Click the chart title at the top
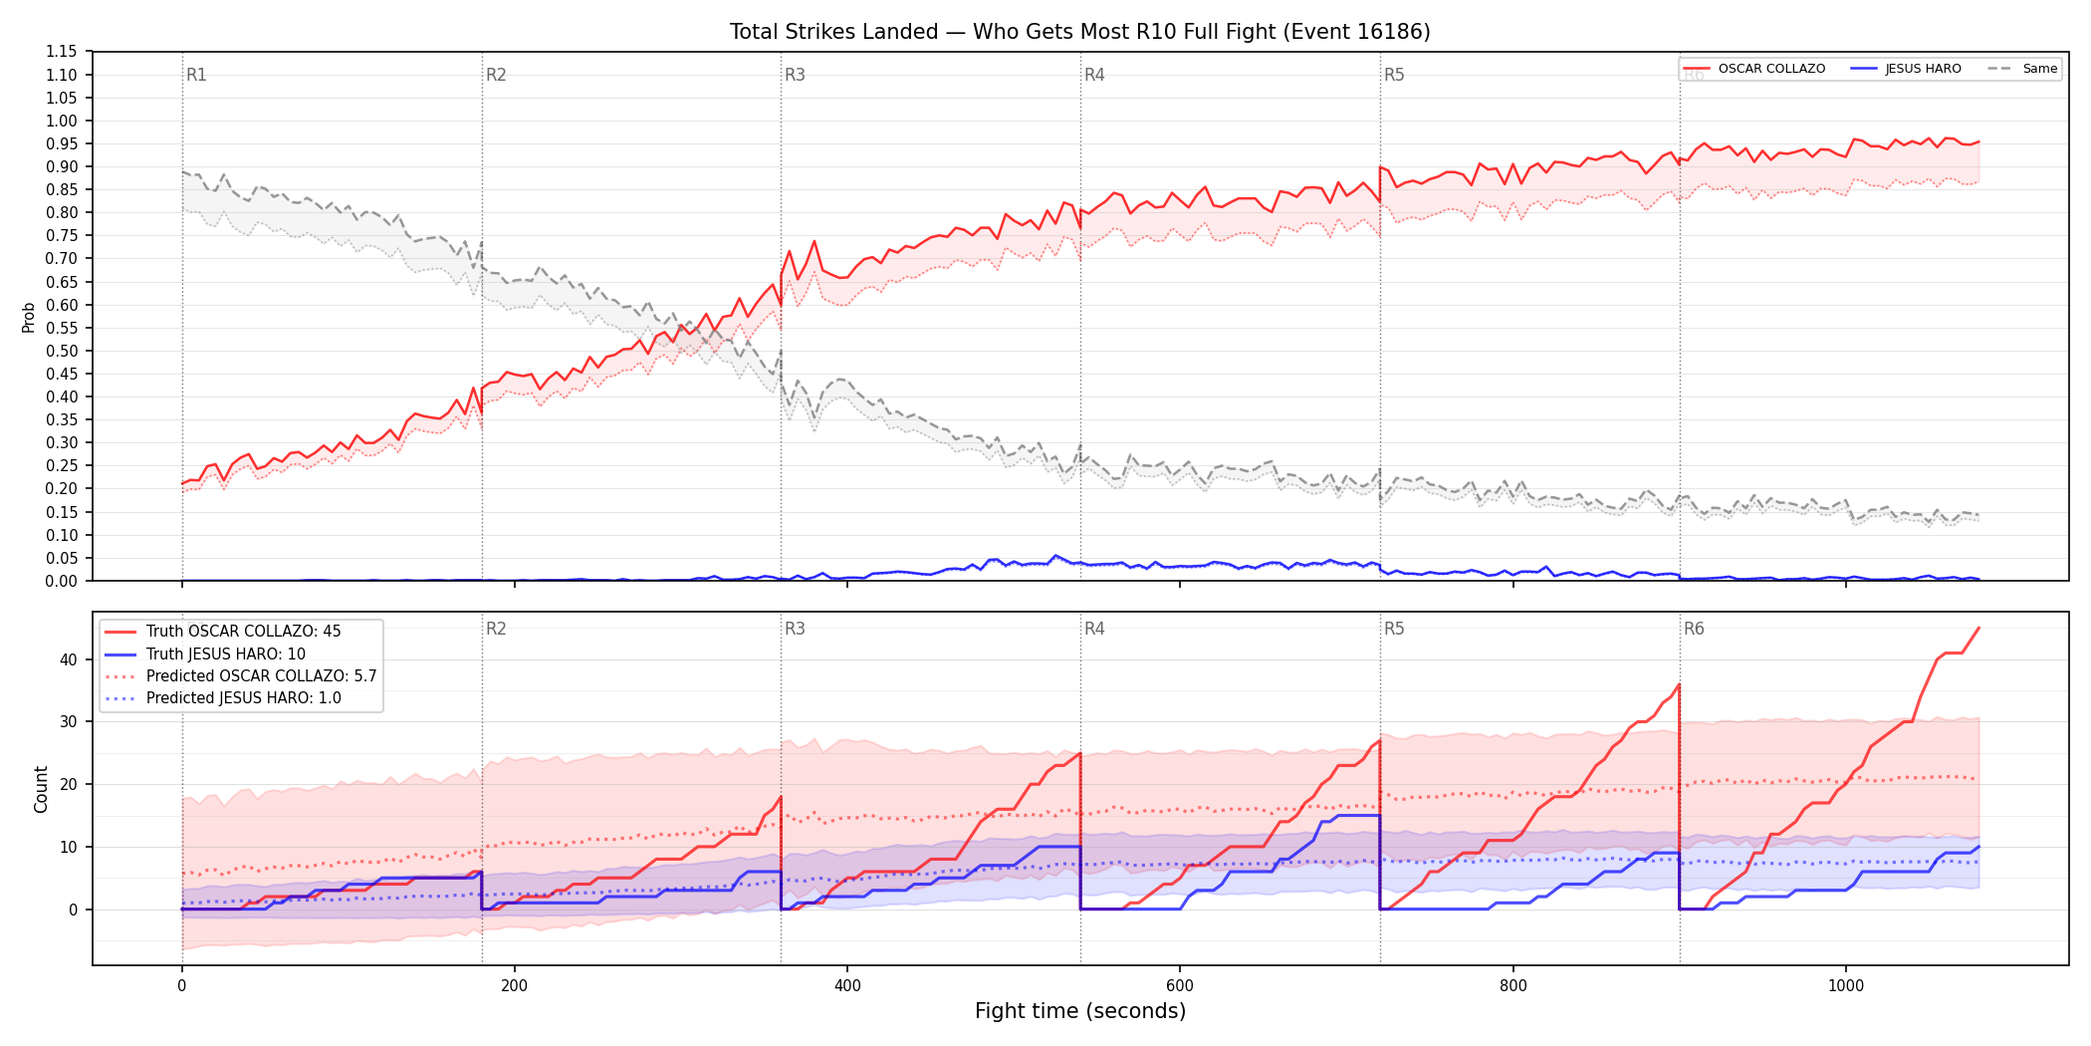pyautogui.click(x=1079, y=32)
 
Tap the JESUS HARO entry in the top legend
pyautogui.click(x=1906, y=69)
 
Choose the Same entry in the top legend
pyautogui.click(x=2022, y=69)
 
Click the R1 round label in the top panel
pyautogui.click(x=196, y=75)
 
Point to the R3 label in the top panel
pyautogui.click(x=795, y=75)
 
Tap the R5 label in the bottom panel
pyautogui.click(x=1394, y=629)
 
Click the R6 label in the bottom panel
pyautogui.click(x=1694, y=629)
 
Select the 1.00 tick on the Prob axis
pyautogui.click(x=62, y=121)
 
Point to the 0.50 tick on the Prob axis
pyautogui.click(x=62, y=351)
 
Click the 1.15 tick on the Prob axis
pyautogui.click(x=62, y=52)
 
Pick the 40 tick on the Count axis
pyautogui.click(x=69, y=659)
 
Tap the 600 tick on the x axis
pyautogui.click(x=1180, y=986)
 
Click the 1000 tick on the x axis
pyautogui.click(x=1845, y=986)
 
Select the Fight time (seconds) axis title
pyautogui.click(x=1080, y=1011)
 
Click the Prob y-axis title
pyautogui.click(x=29, y=317)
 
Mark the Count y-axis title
pyautogui.click(x=41, y=789)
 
